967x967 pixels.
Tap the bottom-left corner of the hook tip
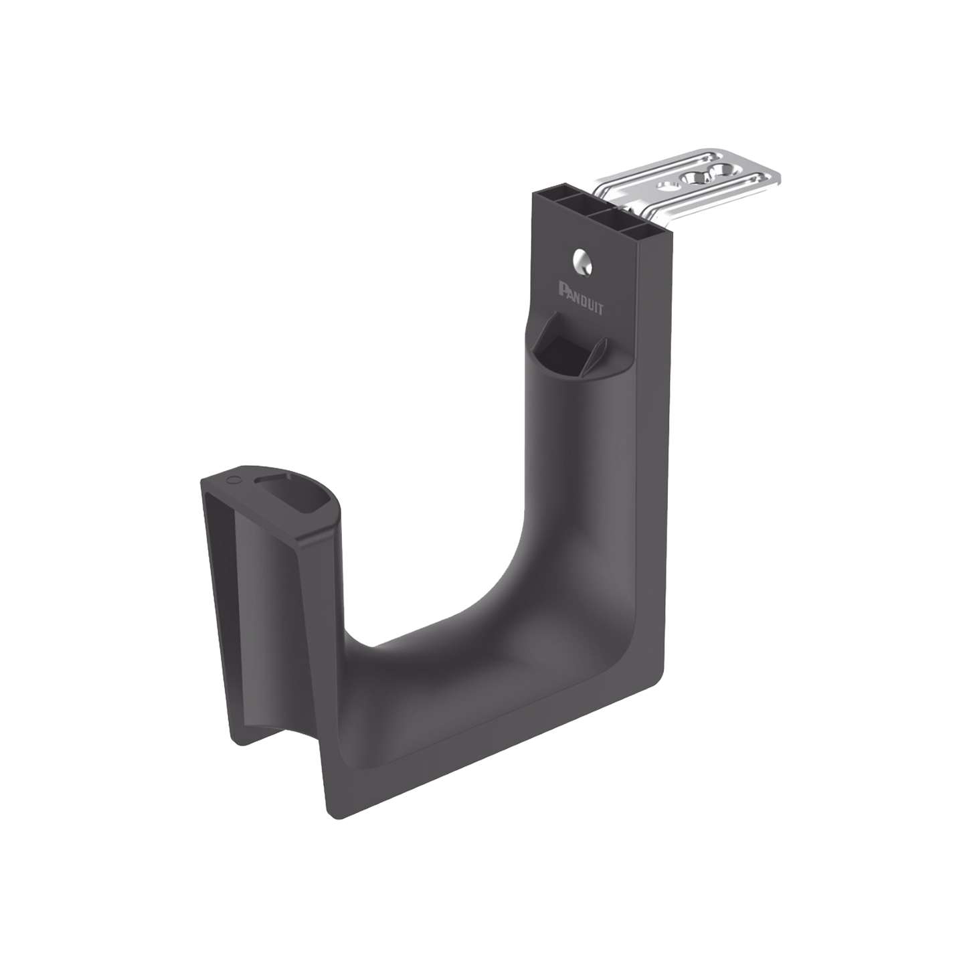[236, 736]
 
